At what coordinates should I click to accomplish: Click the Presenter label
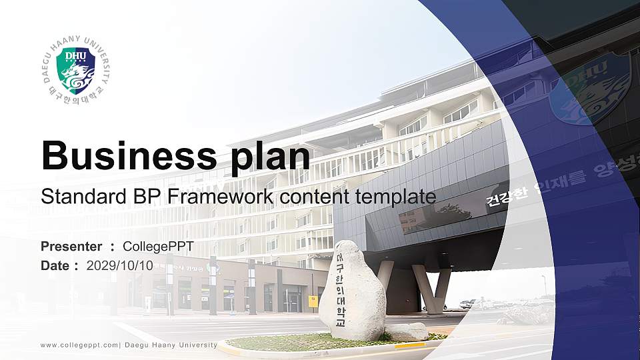click(x=71, y=247)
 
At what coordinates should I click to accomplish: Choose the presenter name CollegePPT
click(x=158, y=247)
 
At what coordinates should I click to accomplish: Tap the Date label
click(x=55, y=265)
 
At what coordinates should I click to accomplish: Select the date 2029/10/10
click(x=119, y=265)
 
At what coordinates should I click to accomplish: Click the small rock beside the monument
click(x=407, y=331)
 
